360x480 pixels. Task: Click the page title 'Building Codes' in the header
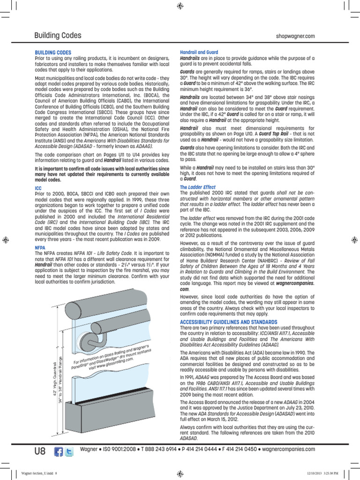pyautogui.click(x=58, y=36)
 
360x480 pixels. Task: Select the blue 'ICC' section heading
pyautogui.click(x=38, y=187)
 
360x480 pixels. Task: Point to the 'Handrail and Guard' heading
pyautogui.click(x=199, y=52)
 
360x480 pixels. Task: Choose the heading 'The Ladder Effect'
pyautogui.click(x=198, y=187)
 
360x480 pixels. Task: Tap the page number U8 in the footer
pyautogui.click(x=40, y=451)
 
